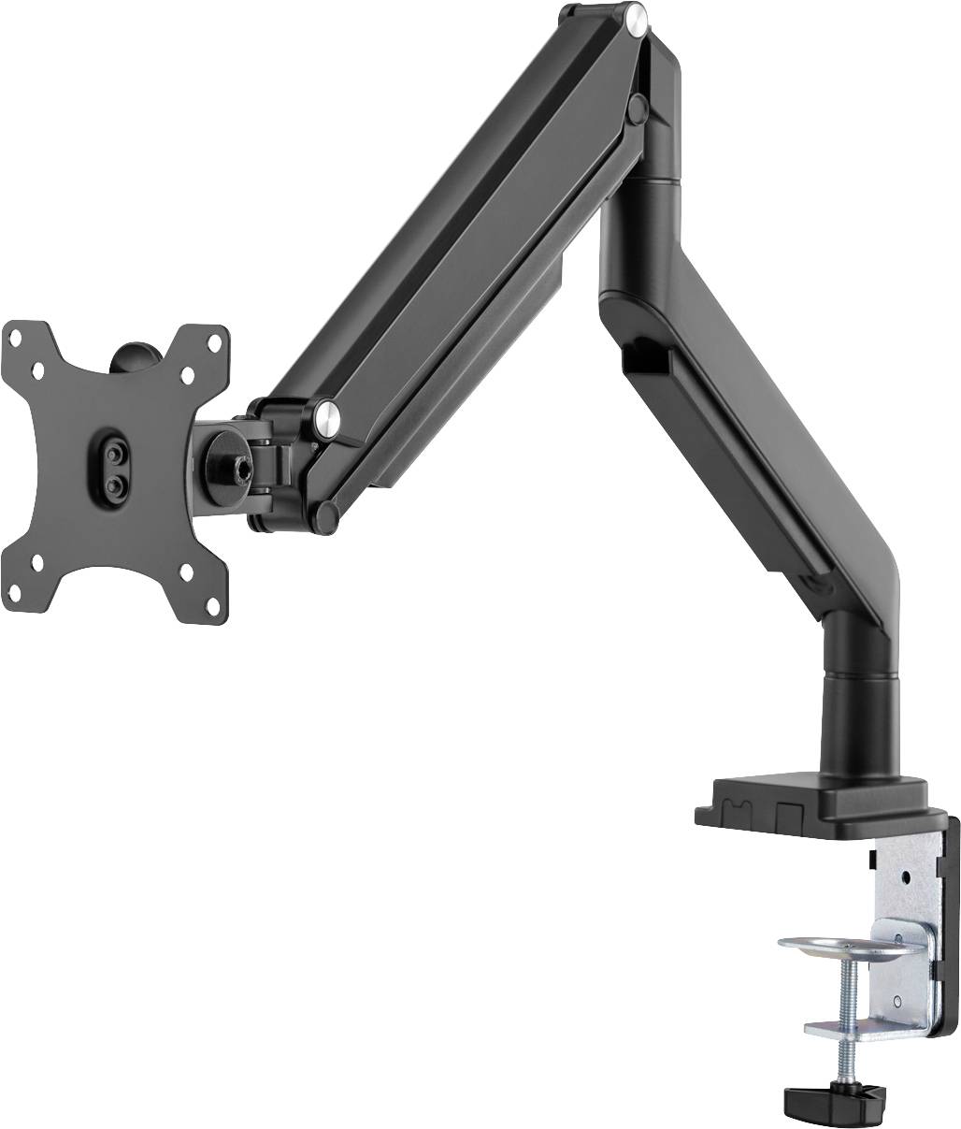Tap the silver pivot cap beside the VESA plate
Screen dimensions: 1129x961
(x=326, y=413)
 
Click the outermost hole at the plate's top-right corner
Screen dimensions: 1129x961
(x=217, y=334)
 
